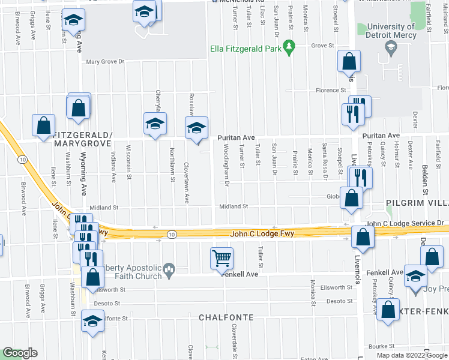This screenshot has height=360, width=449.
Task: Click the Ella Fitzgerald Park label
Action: click(x=245, y=49)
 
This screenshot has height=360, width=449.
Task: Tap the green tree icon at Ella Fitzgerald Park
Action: click(x=289, y=46)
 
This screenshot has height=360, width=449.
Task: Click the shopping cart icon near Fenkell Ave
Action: click(x=221, y=258)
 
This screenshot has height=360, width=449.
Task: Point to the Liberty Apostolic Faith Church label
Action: click(x=125, y=272)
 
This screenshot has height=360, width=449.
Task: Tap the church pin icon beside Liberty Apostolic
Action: click(x=170, y=271)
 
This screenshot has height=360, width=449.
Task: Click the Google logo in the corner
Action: click(x=19, y=353)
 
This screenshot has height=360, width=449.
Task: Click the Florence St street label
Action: click(x=331, y=91)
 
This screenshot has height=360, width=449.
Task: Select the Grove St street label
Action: click(x=322, y=46)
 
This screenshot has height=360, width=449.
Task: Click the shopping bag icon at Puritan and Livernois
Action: click(x=352, y=196)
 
